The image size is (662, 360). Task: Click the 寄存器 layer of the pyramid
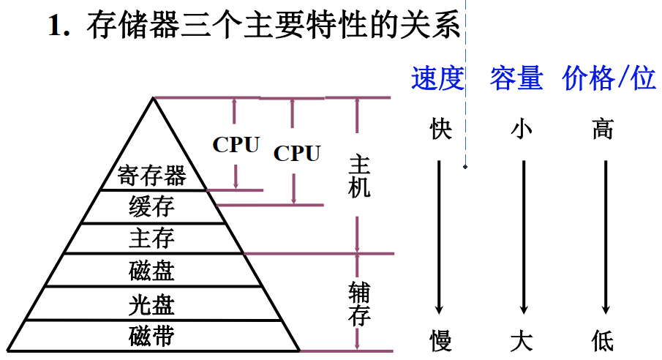click(x=152, y=176)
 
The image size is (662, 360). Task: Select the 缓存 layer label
click(x=152, y=207)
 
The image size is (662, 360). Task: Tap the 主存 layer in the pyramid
click(x=152, y=239)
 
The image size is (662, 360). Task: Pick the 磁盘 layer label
click(x=152, y=271)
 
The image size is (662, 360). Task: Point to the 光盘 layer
click(x=152, y=303)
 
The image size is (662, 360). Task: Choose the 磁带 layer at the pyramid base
click(x=152, y=336)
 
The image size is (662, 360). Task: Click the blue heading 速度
click(x=437, y=78)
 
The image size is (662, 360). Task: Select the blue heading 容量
click(x=516, y=78)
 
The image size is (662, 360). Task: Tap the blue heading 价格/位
click(x=609, y=78)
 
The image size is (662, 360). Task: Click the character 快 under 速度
click(x=440, y=130)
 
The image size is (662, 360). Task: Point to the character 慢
click(x=440, y=340)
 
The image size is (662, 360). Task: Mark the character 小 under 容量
click(x=522, y=130)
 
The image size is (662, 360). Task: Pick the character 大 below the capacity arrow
click(x=522, y=340)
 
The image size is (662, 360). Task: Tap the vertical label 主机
click(x=360, y=176)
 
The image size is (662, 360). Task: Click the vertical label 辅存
click(x=360, y=303)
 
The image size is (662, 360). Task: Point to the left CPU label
click(x=236, y=144)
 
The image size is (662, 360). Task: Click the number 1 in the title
click(x=54, y=26)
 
